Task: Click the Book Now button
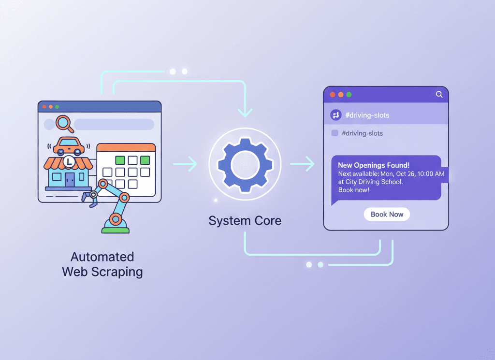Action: pyautogui.click(x=387, y=214)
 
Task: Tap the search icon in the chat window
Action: pyautogui.click(x=439, y=94)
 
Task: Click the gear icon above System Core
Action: pyautogui.click(x=245, y=164)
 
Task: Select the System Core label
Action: pyautogui.click(x=245, y=220)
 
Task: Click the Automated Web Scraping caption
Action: pyautogui.click(x=102, y=264)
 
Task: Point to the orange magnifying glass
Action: pyautogui.click(x=65, y=124)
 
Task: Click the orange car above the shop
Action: pyautogui.click(x=69, y=146)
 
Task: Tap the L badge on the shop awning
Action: pyautogui.click(x=69, y=162)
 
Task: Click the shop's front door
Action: pyautogui.click(x=70, y=179)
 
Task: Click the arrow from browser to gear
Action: pyautogui.click(x=185, y=164)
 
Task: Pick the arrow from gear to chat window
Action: pyautogui.click(x=302, y=164)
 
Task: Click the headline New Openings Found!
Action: pyautogui.click(x=374, y=165)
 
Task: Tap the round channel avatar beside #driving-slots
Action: pyautogui.click(x=335, y=115)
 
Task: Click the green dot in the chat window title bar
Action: pyautogui.click(x=349, y=95)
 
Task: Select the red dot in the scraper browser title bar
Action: pyautogui.click(x=44, y=107)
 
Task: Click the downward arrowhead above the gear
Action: pyautogui.click(x=245, y=112)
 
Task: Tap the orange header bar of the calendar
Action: pyautogui.click(x=126, y=147)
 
